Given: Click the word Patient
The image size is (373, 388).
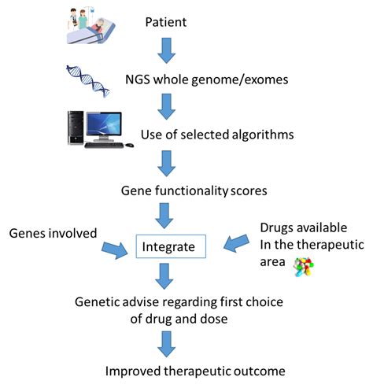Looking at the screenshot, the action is click(166, 22).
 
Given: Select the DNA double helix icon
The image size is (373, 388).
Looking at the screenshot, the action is click(88, 81).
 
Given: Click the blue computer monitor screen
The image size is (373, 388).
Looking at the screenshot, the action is click(104, 124).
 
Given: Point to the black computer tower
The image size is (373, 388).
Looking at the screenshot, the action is click(76, 127).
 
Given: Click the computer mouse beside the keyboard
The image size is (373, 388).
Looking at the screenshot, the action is click(129, 145).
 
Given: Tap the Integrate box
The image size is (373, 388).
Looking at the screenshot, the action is click(171, 246).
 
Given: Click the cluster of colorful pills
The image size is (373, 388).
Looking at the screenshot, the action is click(304, 267).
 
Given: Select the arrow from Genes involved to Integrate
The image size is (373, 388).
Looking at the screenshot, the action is click(115, 250).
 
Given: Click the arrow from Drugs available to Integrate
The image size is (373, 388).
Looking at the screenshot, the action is click(236, 243).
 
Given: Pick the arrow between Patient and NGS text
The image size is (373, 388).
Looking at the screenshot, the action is click(166, 50).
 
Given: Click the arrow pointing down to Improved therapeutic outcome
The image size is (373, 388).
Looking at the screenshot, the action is click(166, 344).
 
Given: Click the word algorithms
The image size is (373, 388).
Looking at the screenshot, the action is click(262, 135).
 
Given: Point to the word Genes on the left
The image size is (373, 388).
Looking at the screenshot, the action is click(26, 234).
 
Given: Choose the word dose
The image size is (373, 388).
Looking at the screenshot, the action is click(214, 319).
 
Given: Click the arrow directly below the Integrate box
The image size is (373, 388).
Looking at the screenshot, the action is click(164, 276).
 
